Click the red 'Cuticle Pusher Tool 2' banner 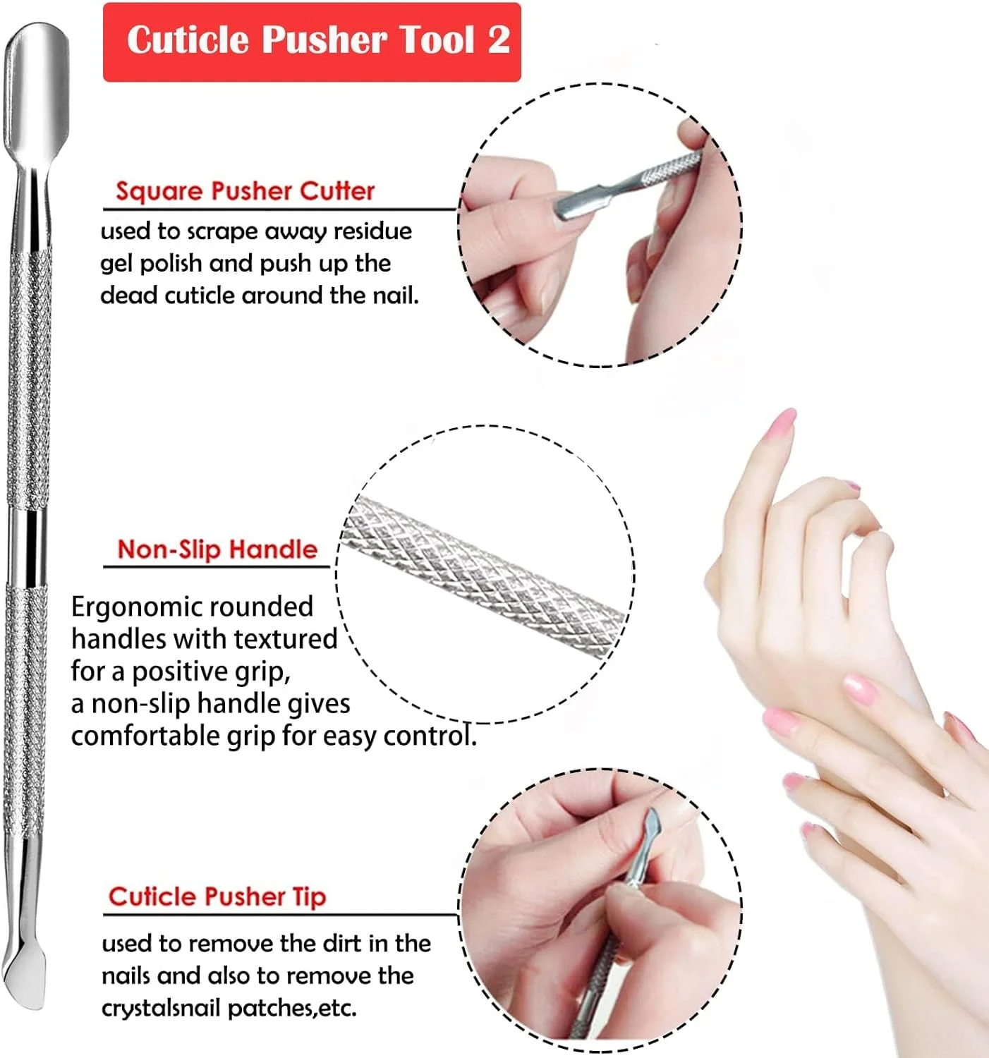[312, 42]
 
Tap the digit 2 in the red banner [499, 39]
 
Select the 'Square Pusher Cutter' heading [245, 190]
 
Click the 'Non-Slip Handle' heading [217, 549]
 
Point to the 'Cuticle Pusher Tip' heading [217, 897]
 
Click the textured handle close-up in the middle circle [483, 578]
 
